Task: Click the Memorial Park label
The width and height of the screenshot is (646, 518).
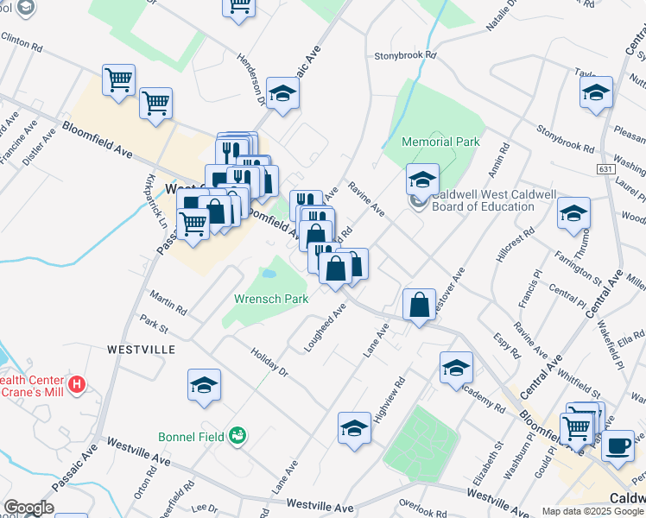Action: pos(440,142)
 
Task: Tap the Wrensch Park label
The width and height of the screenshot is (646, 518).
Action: pos(271,299)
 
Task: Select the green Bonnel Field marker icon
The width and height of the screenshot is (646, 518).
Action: pos(237,435)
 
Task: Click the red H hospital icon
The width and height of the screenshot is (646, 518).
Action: pos(77,383)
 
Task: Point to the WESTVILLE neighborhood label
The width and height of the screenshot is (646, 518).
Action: pos(141,350)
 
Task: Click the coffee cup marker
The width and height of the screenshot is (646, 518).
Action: pos(617,446)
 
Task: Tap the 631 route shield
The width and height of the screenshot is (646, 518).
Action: pos(605,170)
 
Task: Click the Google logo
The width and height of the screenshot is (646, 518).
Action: pos(28,508)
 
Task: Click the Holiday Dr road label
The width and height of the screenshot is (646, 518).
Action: pos(269,362)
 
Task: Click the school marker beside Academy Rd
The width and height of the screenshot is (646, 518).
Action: pos(456,367)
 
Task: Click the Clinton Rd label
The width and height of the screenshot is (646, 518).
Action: pos(22,39)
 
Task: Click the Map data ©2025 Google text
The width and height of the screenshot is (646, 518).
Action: pos(592,511)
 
